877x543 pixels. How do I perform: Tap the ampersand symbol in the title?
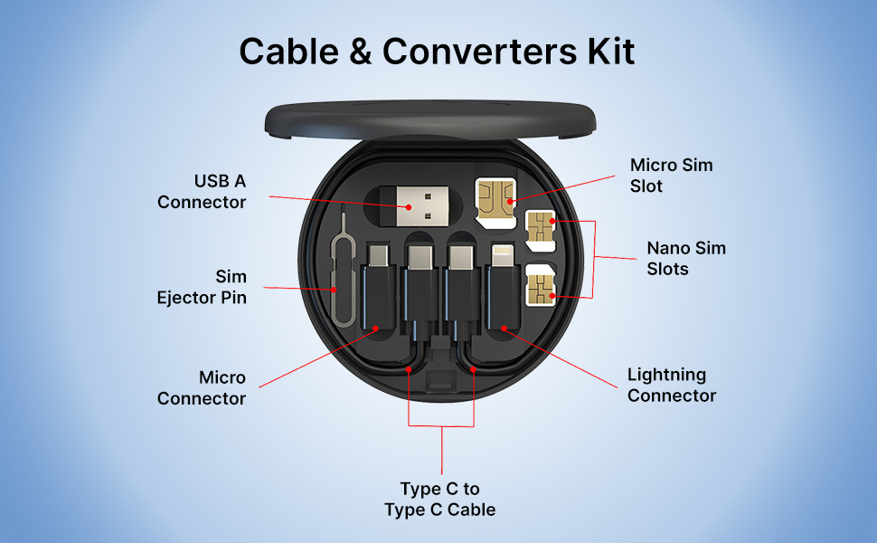coord(359,52)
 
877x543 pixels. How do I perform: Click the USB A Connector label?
coord(203,191)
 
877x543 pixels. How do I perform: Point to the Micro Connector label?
coord(203,387)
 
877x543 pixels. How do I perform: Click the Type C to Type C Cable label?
coord(440,500)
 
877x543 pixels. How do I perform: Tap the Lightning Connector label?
coord(671,385)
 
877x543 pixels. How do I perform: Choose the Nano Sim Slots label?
coord(685,258)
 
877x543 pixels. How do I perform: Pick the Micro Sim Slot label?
coord(671,176)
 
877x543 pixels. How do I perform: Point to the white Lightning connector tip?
coord(501,254)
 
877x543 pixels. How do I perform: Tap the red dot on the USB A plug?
coord(409,208)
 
